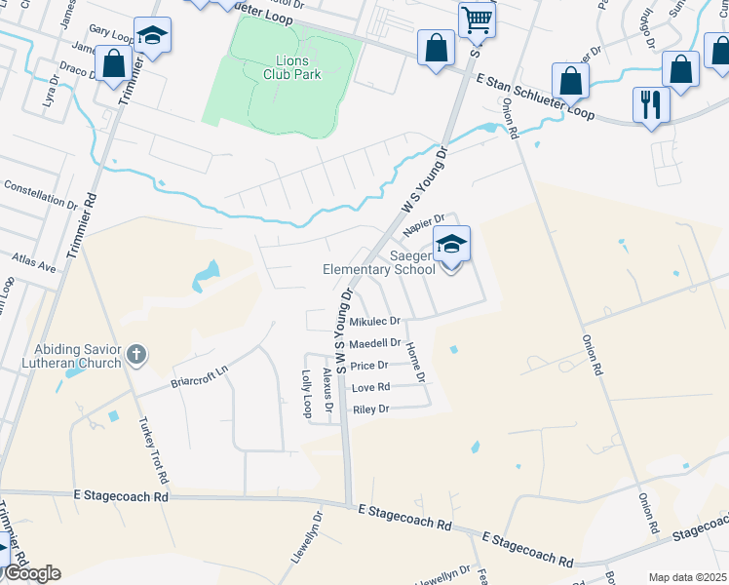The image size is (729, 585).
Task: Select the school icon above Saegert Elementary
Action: [x=451, y=244]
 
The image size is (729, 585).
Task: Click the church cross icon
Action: [x=136, y=355]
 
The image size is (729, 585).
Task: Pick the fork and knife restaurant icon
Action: [x=651, y=104]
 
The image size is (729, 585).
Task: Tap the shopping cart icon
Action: [x=477, y=19]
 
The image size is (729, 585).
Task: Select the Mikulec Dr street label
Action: [x=375, y=321]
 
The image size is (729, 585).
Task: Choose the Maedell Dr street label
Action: [x=375, y=343]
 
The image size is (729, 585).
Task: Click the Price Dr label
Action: [x=369, y=366]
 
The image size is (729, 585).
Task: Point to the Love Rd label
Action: [x=370, y=387]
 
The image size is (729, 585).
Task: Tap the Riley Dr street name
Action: [x=370, y=409]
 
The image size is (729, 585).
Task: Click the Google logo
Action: [x=31, y=573]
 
